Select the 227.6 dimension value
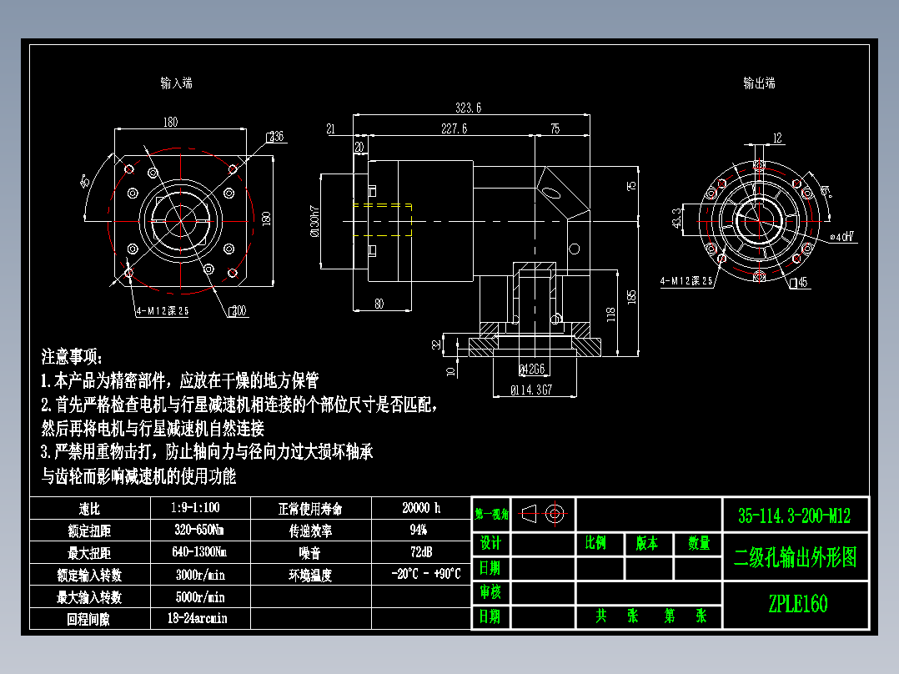(x=454, y=128)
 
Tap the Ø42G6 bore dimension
(x=532, y=369)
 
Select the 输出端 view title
(x=759, y=83)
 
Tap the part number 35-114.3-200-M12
(x=794, y=516)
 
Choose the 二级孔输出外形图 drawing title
(x=795, y=558)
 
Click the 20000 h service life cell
(x=420, y=508)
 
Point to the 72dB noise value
(x=420, y=552)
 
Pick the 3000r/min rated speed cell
(x=199, y=575)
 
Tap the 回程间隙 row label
(x=89, y=619)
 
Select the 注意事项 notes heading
(x=73, y=357)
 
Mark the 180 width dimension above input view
(x=170, y=123)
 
